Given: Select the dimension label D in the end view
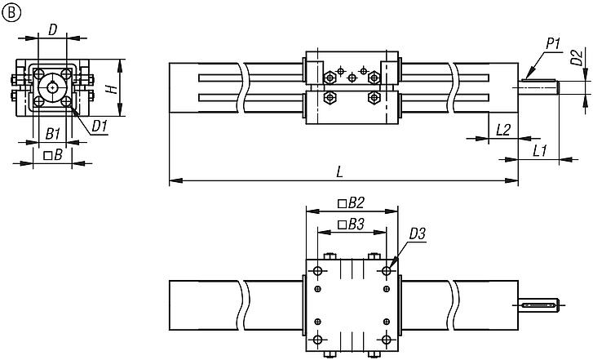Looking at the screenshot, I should coord(52,30).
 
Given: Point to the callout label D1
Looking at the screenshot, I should coord(100,126).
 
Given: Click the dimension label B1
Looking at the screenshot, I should coord(51,132).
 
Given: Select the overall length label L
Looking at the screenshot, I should coord(339,171).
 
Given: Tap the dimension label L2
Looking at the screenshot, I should coord(502,129).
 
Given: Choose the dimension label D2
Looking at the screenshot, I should coord(576,59).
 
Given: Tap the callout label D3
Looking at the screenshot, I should coord(417,234).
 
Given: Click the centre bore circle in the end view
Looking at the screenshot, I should coord(52,87).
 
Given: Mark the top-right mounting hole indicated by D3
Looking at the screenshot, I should coord(385,269).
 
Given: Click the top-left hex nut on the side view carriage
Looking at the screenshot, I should coord(330,78).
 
